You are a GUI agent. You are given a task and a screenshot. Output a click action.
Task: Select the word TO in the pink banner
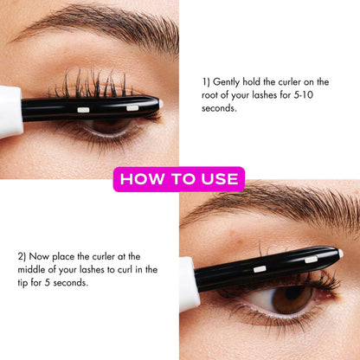180,179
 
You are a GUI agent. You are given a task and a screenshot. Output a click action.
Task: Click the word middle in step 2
32,270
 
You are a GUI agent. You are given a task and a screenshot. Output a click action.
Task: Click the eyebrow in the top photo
95,24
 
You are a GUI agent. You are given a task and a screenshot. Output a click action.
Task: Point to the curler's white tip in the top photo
161,104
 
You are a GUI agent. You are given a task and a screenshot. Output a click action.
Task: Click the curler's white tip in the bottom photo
340,254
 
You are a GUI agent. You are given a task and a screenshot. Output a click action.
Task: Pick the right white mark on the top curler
132,107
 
